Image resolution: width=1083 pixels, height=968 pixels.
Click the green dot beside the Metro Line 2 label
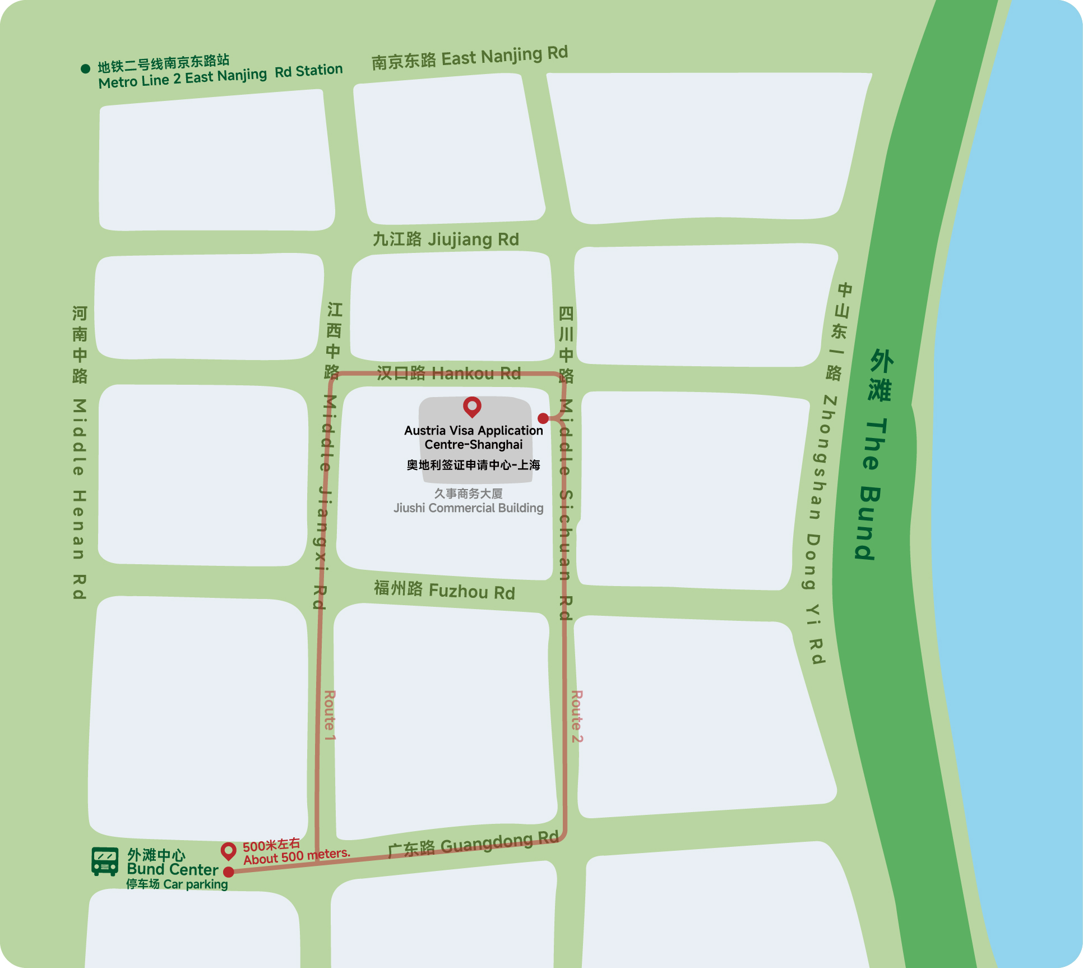click(x=85, y=69)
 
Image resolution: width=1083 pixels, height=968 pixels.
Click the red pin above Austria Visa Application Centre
click(x=472, y=406)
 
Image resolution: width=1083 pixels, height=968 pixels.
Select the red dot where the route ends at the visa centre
click(x=543, y=418)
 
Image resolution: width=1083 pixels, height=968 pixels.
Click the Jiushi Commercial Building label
click(x=469, y=508)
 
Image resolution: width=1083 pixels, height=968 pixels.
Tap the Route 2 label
click(x=577, y=716)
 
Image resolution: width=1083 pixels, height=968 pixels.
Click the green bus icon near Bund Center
click(x=105, y=861)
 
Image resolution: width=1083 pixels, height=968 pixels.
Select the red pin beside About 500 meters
click(x=228, y=851)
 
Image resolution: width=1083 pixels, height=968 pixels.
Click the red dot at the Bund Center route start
click(x=229, y=872)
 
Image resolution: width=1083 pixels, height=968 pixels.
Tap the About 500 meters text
click(x=297, y=856)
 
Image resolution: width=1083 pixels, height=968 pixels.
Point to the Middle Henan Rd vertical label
click(x=80, y=499)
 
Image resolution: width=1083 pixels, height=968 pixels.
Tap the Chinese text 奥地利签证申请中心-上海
click(x=473, y=465)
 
